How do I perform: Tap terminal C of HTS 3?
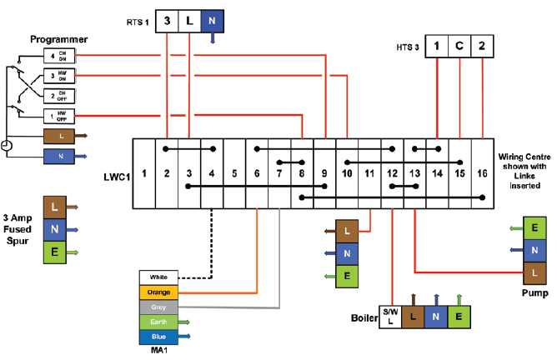pyautogui.click(x=459, y=48)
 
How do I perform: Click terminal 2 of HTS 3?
pyautogui.click(x=482, y=48)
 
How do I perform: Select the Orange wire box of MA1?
pyautogui.click(x=158, y=292)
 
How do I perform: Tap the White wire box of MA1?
pyautogui.click(x=158, y=277)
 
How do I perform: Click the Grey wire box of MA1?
pyautogui.click(x=158, y=307)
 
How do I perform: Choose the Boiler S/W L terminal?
pyautogui.click(x=389, y=317)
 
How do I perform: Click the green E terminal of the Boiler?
pyautogui.click(x=457, y=317)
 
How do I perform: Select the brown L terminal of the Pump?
pyautogui.click(x=534, y=272)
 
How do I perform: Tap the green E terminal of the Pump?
pyautogui.click(x=534, y=227)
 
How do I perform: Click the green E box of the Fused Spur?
pyautogui.click(x=54, y=251)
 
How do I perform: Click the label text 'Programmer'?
pyautogui.click(x=59, y=39)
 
